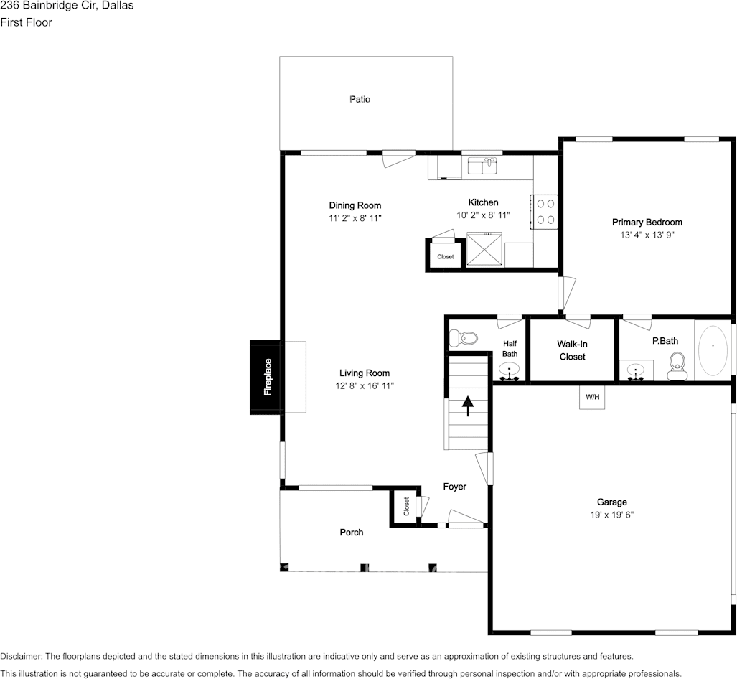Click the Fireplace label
pyautogui.click(x=268, y=377)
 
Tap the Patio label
pyautogui.click(x=360, y=99)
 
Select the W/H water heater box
pyautogui.click(x=592, y=397)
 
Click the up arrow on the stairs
pyautogui.click(x=468, y=406)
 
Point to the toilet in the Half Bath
pyautogui.click(x=463, y=337)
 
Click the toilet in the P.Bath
pyautogui.click(x=677, y=366)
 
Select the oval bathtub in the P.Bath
pyautogui.click(x=713, y=350)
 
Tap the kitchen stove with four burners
pyautogui.click(x=545, y=212)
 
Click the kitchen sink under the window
pyautogui.click(x=482, y=166)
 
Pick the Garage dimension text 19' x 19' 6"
pyautogui.click(x=612, y=515)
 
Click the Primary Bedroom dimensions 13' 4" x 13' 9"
pyautogui.click(x=647, y=235)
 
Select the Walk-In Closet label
pyautogui.click(x=573, y=350)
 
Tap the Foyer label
pyautogui.click(x=454, y=487)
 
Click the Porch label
pyautogui.click(x=352, y=533)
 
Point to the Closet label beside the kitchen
pyautogui.click(x=446, y=257)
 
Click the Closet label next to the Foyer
pyautogui.click(x=407, y=506)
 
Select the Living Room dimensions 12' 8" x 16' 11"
pyautogui.click(x=365, y=386)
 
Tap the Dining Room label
pyautogui.click(x=355, y=205)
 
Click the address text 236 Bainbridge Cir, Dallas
pyautogui.click(x=67, y=6)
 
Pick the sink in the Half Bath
pyautogui.click(x=510, y=371)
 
